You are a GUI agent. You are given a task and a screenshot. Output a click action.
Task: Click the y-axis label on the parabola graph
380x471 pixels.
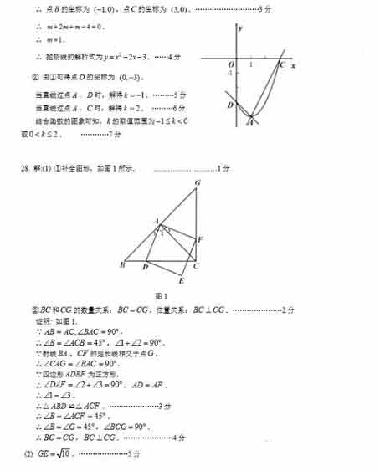[x=241, y=28]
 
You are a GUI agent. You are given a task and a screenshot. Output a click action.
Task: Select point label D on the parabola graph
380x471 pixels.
[x=229, y=105]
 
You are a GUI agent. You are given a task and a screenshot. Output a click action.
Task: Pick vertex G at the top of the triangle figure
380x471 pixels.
[x=197, y=182]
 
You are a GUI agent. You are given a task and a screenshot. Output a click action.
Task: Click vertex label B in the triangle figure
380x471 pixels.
[x=123, y=266]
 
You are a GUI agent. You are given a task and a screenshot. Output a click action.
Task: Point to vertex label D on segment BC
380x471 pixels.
[x=146, y=268]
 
